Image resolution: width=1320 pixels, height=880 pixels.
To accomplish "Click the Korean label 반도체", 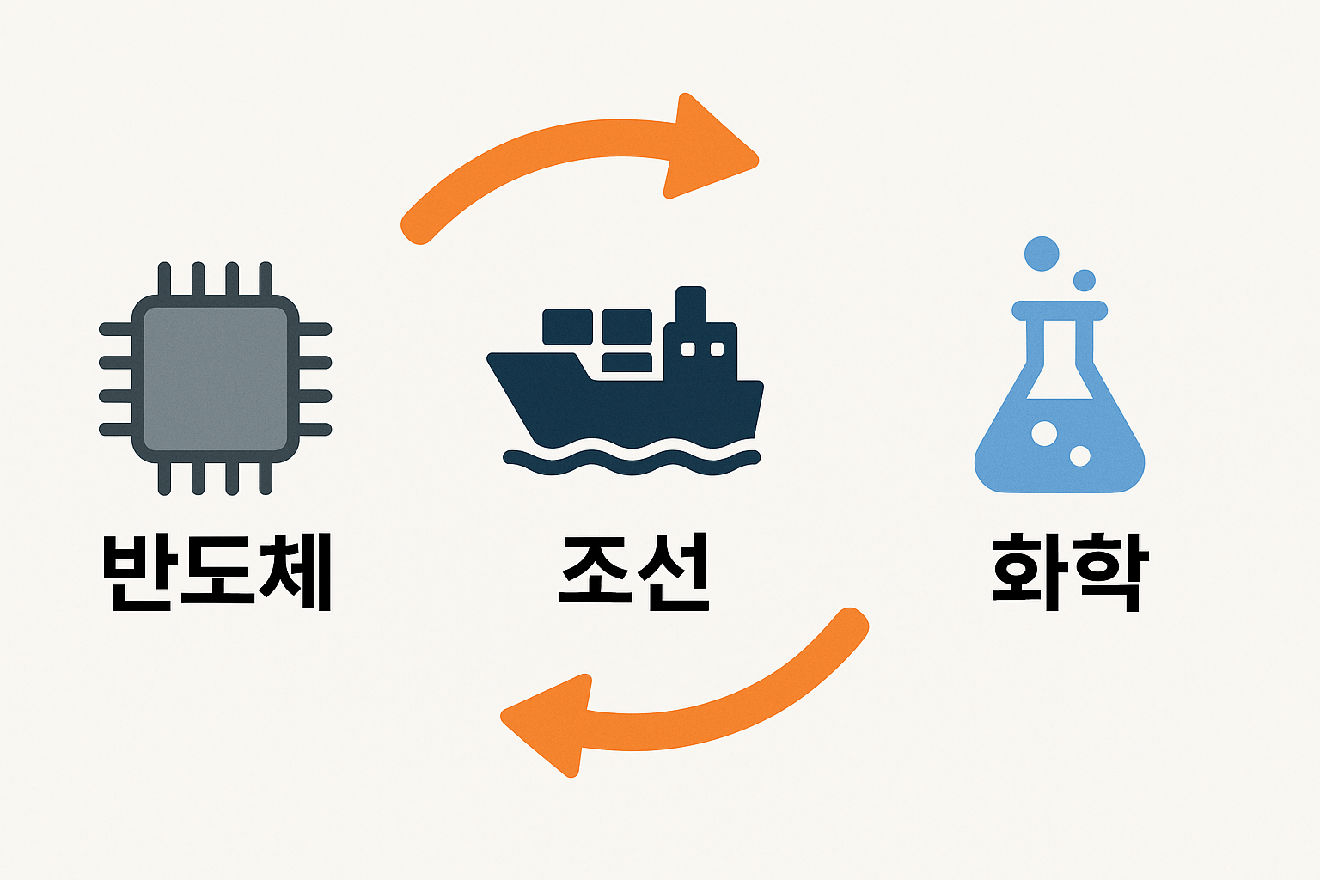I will pos(217,571).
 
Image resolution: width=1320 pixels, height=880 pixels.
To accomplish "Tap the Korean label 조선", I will pos(634,571).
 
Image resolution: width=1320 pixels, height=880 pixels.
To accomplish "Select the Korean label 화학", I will pos(1066,571).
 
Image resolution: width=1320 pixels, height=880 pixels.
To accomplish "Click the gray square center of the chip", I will pos(215,378).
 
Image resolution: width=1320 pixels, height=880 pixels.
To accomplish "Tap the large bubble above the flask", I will pos(1042,254).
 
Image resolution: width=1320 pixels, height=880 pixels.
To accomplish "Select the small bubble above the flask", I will pos(1085,280).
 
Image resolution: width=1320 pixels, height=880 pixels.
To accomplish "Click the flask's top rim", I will pos(1060,309).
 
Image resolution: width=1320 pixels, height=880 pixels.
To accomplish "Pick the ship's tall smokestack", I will pos(691,306).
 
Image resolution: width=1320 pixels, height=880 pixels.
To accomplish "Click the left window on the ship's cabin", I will pos(687,349).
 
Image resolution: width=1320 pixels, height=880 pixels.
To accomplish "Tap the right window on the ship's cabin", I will pos(717,349).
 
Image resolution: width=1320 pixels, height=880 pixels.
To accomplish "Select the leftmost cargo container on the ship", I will pos(567,327).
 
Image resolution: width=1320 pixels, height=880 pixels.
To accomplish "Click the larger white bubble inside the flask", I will pos(1044,433).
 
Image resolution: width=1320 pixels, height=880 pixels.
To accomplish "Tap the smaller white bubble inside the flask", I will pos(1079,456).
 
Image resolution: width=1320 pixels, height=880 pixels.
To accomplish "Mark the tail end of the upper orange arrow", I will pos(416,227).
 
